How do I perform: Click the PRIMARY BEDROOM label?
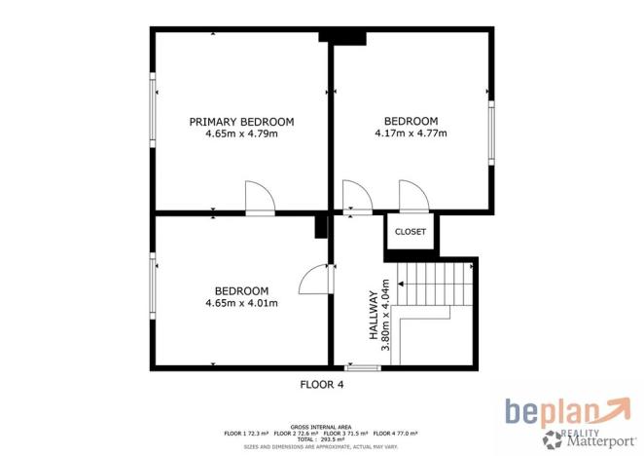coord(241,122)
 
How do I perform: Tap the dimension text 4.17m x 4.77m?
coord(411,133)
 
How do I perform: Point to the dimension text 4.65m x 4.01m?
coord(241,303)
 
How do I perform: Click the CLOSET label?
coord(411,232)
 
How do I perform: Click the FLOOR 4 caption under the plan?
coord(321,384)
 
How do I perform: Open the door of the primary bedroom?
coord(260,198)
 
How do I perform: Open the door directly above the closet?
coord(412,198)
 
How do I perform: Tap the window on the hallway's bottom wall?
coord(363,368)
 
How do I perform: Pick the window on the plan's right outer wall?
coord(491,131)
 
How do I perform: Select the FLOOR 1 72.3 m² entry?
coord(247,432)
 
